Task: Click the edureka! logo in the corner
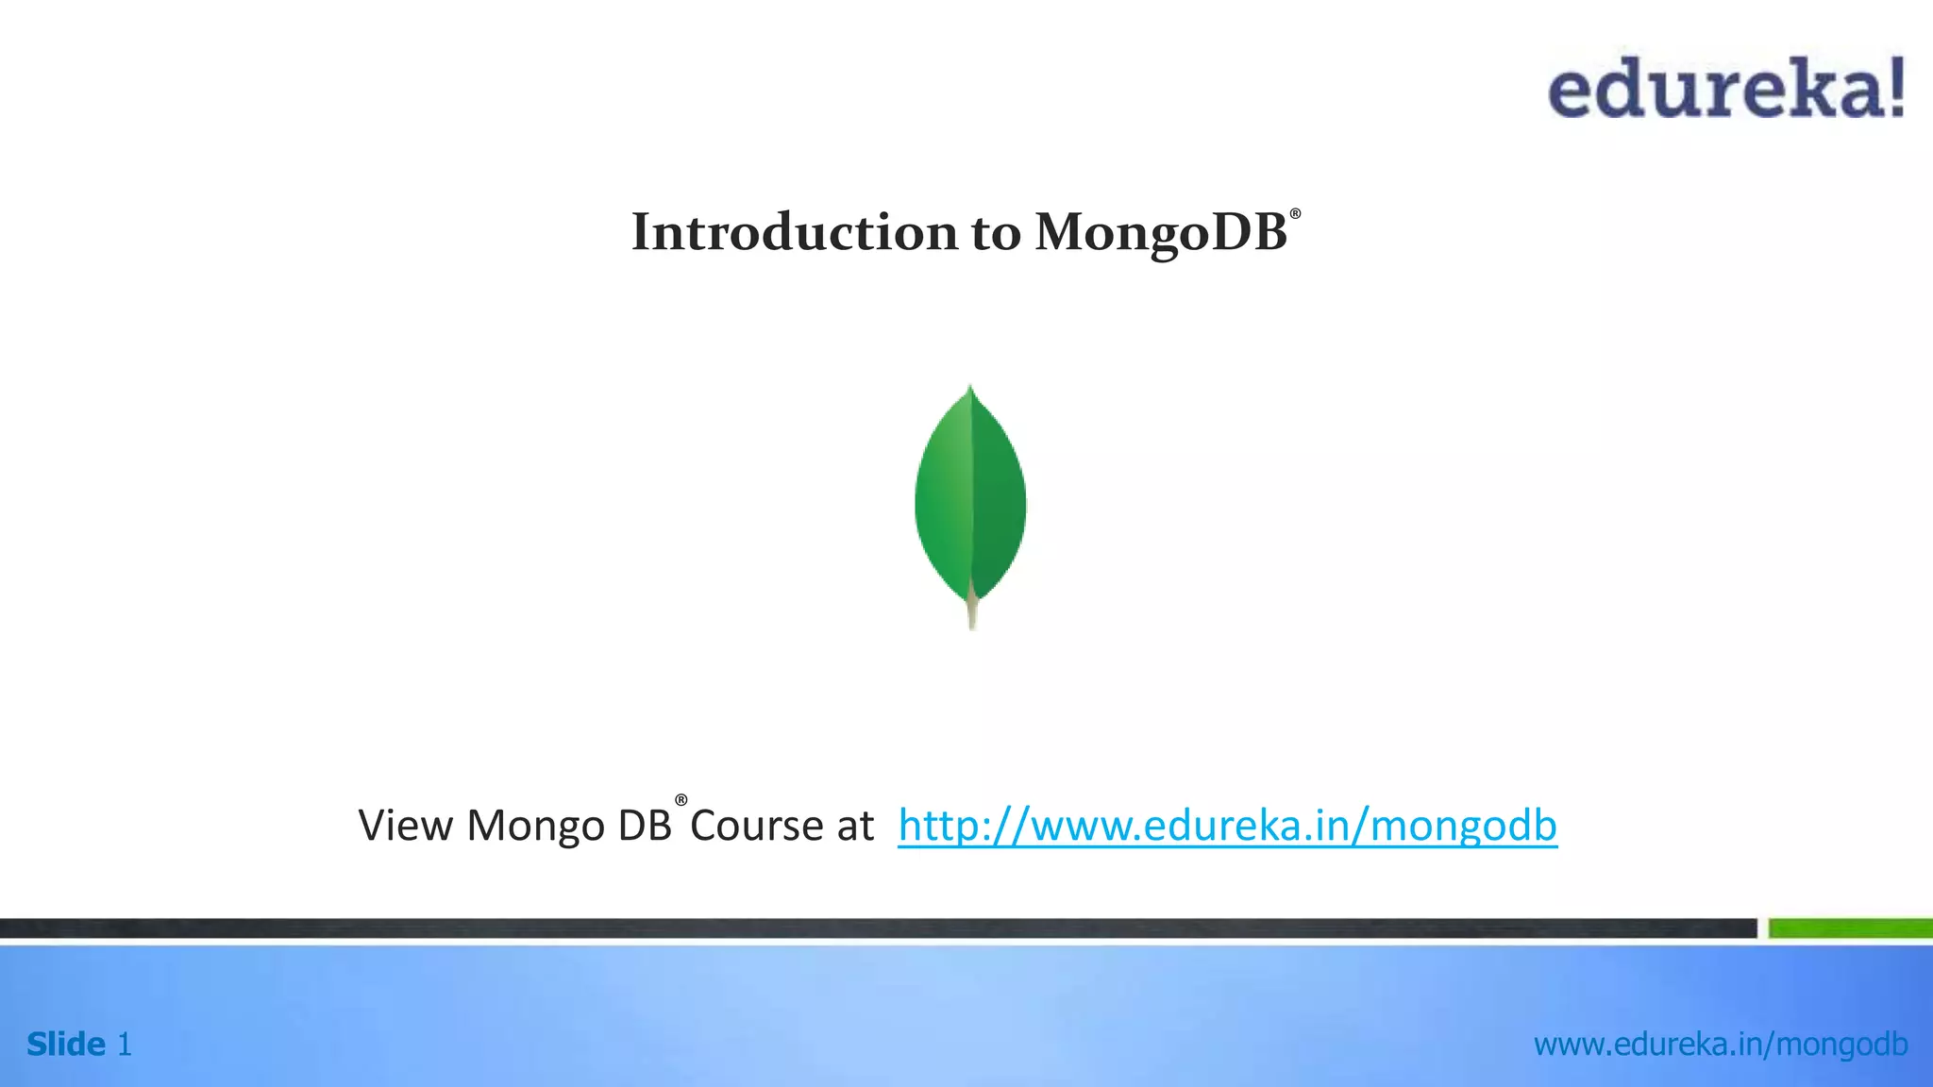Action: (x=1725, y=88)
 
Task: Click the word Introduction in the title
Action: (x=794, y=232)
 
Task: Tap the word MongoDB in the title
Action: (x=1160, y=232)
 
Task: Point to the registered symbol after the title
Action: (x=1295, y=214)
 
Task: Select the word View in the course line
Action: (x=405, y=826)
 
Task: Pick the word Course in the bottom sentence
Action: (x=757, y=826)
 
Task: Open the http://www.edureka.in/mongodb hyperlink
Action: (x=1227, y=826)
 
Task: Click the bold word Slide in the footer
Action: (x=66, y=1045)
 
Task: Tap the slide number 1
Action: (x=124, y=1045)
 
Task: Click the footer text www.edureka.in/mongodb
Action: (x=1721, y=1045)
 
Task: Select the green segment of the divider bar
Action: (x=1850, y=928)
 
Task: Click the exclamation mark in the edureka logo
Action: (x=1894, y=88)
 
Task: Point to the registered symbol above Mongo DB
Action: (x=681, y=801)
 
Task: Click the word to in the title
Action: (x=996, y=232)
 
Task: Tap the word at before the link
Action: (x=855, y=826)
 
